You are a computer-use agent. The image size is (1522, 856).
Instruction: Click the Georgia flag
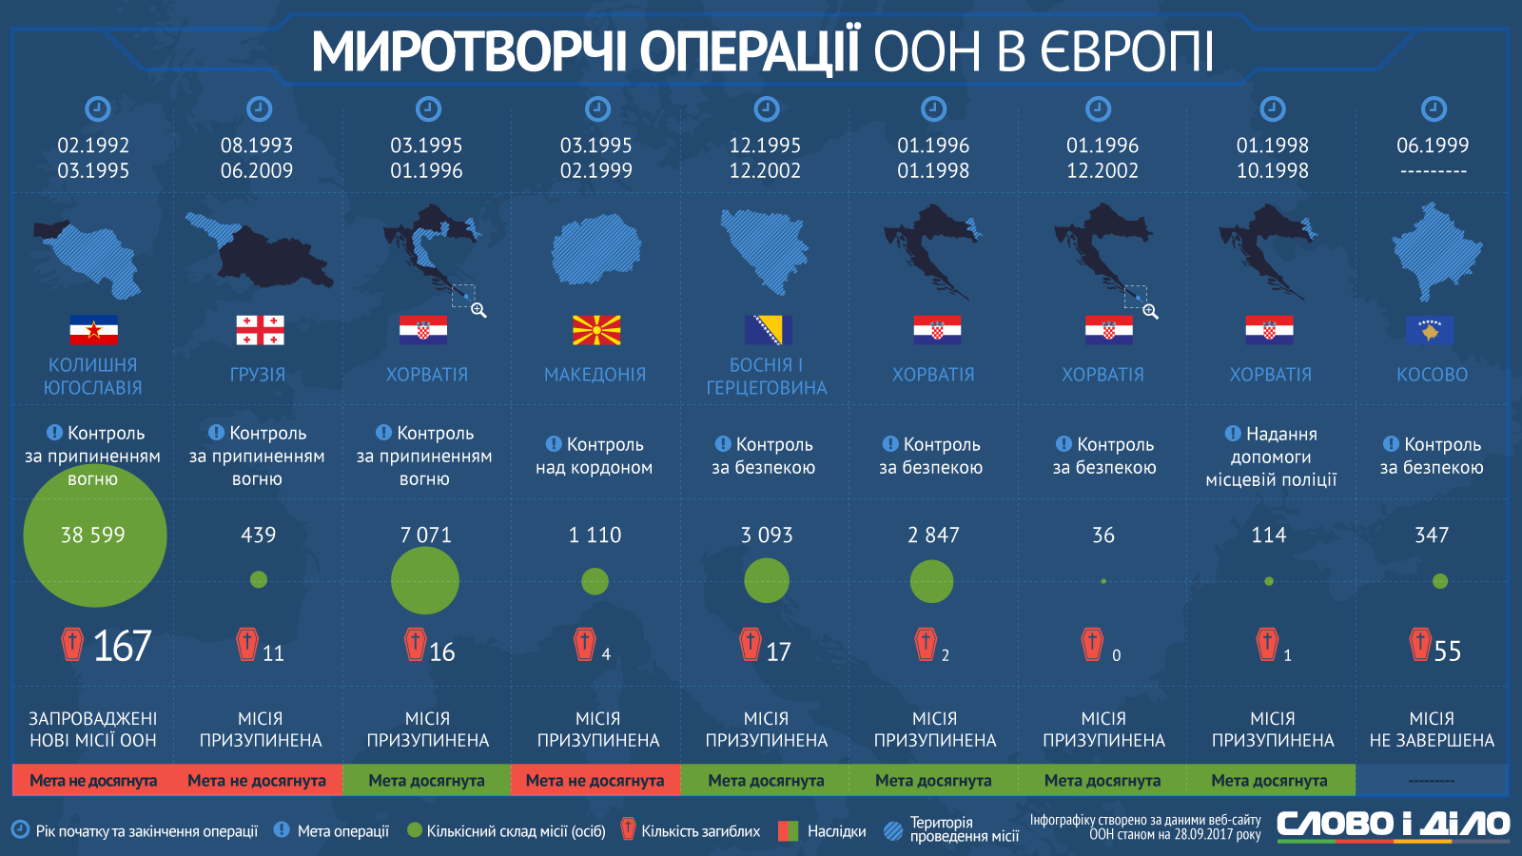click(260, 330)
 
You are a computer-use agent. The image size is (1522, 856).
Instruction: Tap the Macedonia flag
click(596, 330)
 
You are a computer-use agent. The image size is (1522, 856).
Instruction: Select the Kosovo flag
click(1430, 330)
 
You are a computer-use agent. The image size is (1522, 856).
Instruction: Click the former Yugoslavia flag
click(93, 330)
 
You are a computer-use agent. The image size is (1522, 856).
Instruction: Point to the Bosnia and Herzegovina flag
click(768, 330)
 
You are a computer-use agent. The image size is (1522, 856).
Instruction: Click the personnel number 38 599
click(93, 535)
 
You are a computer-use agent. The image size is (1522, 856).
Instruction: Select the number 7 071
click(426, 535)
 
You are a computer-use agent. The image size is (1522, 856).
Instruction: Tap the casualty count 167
click(122, 647)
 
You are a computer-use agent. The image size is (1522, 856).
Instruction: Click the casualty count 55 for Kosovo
click(1447, 652)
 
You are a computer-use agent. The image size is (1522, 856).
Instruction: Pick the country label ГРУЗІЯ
click(258, 375)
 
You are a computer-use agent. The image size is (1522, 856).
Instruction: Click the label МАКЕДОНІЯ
click(595, 375)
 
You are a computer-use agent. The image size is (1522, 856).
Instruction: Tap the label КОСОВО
click(1432, 375)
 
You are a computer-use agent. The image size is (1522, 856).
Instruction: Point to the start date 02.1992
click(93, 146)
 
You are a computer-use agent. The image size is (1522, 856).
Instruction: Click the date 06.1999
click(1433, 146)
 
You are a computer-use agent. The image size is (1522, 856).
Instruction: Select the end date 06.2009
click(257, 171)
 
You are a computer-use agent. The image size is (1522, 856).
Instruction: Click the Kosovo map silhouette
click(1436, 252)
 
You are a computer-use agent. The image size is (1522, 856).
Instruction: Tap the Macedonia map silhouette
click(595, 250)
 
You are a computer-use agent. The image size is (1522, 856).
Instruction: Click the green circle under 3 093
click(767, 581)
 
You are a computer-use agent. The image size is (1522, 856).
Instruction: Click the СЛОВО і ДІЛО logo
click(1393, 825)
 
